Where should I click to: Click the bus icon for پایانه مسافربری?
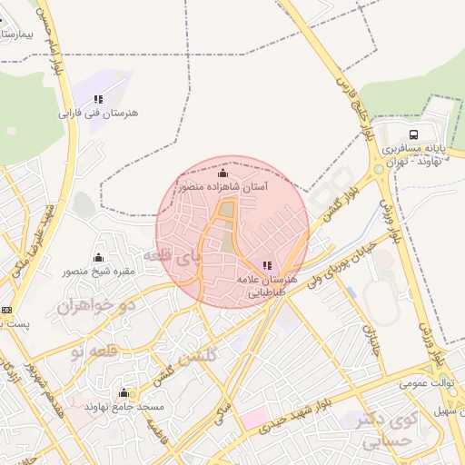pos(414,133)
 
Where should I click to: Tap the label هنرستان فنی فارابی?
pos(97,114)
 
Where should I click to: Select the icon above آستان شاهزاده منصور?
pos(223,173)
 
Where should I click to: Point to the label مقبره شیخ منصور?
pos(98,271)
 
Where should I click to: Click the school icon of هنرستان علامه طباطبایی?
pos(266,265)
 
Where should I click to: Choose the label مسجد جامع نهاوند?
pos(123,407)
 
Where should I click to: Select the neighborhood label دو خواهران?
pos(95,305)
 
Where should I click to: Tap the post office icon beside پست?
pos(6,310)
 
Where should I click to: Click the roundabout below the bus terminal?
pos(379,170)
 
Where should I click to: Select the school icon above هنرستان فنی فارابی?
pos(98,98)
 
